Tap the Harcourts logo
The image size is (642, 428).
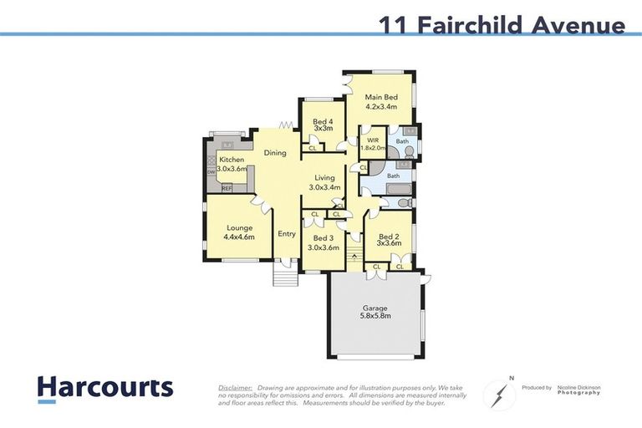104,387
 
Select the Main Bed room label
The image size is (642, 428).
380,97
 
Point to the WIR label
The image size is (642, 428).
373,140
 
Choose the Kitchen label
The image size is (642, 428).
232,160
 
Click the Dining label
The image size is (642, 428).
275,153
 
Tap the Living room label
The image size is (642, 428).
324,178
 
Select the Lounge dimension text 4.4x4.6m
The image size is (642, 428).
238,237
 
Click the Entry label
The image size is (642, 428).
287,234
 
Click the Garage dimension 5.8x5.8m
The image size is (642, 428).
374,316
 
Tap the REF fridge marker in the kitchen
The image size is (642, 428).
227,189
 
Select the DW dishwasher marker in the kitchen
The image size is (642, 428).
210,172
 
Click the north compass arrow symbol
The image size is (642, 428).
498,393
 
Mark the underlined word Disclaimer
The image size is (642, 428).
235,388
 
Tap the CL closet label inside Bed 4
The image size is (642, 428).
313,149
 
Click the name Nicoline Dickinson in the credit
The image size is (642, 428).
578,388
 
